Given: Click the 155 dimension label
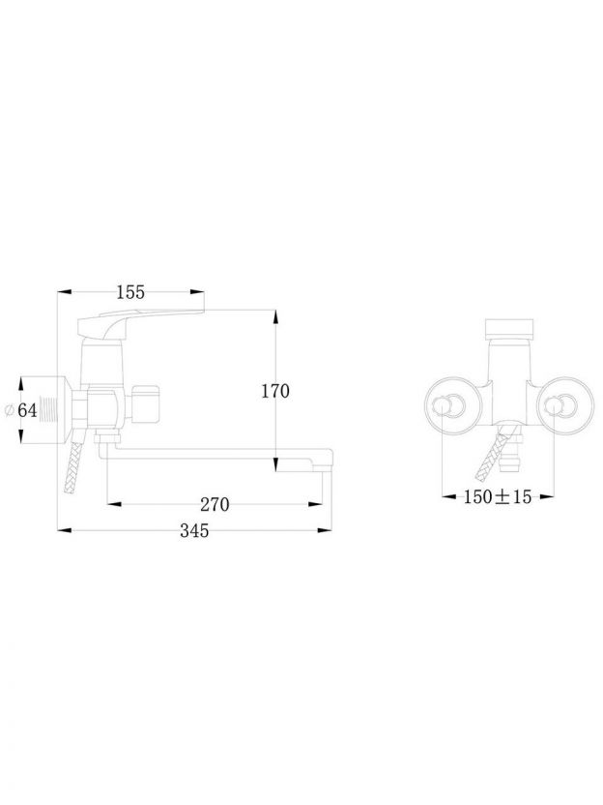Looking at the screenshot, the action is [x=130, y=292].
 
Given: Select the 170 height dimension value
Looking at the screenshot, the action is [x=275, y=391].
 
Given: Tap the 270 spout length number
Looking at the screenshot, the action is [x=215, y=505].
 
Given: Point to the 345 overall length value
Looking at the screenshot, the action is [x=194, y=530].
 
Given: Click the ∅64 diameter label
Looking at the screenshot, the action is [x=21, y=410].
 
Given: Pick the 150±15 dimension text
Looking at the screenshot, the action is [x=498, y=496].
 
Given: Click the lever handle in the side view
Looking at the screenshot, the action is [x=140, y=325].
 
